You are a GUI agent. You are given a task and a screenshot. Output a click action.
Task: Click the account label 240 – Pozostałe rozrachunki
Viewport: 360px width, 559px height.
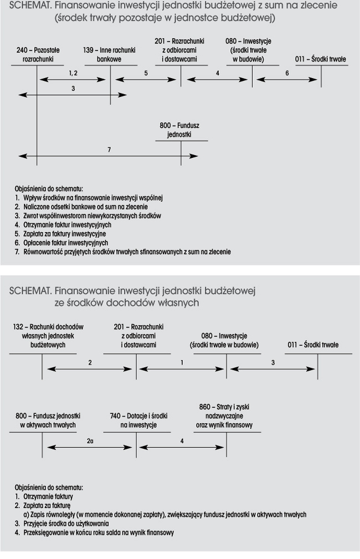coord(38,54)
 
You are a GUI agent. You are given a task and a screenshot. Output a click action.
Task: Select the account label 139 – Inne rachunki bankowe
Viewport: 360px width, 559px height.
coord(109,54)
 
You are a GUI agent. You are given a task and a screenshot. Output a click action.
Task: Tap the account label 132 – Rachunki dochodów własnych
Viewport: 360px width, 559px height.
coord(48,336)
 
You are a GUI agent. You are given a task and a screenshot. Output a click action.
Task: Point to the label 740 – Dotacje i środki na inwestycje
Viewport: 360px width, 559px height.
coord(138,420)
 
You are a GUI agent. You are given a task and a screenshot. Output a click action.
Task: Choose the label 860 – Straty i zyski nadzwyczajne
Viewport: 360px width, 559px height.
coord(224,416)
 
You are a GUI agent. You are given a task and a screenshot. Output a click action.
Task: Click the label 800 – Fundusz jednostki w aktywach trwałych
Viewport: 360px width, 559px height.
coord(48,420)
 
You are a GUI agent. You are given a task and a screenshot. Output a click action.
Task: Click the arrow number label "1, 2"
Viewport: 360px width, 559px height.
coord(73,73)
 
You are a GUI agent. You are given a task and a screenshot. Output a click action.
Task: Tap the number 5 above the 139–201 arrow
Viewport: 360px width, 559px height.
coord(146,73)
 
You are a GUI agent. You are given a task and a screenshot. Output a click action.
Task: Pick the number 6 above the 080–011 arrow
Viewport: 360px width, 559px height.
coord(287,73)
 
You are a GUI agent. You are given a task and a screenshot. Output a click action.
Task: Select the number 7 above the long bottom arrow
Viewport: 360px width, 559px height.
coord(109,150)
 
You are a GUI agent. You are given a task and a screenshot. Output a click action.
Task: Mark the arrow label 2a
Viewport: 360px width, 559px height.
coord(90,441)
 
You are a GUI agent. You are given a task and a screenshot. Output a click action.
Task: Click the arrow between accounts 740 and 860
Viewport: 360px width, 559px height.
coord(182,448)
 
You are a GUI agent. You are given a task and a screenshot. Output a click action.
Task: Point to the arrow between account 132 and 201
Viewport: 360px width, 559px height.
coord(90,369)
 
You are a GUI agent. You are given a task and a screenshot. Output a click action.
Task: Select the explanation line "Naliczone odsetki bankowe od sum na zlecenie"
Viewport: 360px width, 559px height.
coord(85,207)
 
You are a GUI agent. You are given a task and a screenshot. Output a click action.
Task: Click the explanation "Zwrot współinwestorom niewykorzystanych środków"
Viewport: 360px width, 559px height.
coord(92,216)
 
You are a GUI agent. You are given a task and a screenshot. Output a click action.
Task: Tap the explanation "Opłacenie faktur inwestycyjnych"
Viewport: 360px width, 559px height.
coord(65,243)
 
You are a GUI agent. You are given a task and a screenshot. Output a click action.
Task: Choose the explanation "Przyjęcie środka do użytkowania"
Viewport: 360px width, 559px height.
coord(66,524)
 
